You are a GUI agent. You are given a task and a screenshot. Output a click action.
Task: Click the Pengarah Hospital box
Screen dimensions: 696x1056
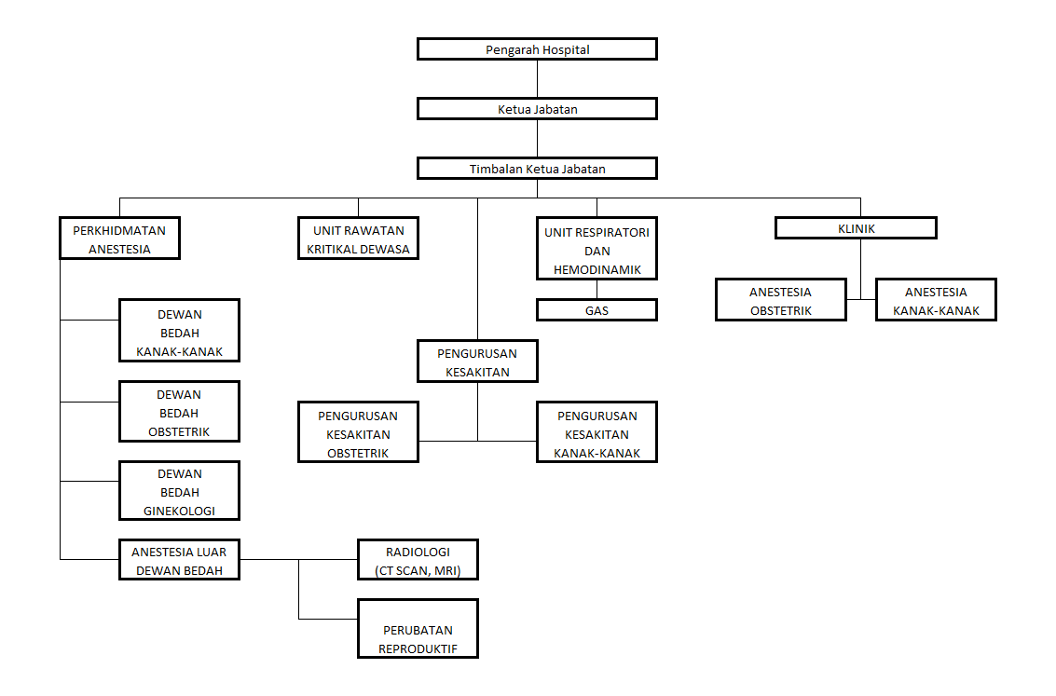pos(537,49)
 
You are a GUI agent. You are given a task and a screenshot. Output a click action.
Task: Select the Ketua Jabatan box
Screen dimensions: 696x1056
pos(537,109)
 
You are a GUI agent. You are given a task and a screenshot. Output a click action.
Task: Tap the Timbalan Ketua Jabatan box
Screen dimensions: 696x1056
pos(537,169)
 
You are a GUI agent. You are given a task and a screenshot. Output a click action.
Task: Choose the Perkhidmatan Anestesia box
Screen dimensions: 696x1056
pos(119,239)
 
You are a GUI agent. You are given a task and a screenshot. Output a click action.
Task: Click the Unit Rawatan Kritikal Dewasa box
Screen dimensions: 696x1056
pos(358,239)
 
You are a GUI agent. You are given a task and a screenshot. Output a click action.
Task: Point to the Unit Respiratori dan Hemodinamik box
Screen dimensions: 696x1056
pos(597,249)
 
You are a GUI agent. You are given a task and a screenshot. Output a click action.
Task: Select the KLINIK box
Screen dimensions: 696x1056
pos(856,228)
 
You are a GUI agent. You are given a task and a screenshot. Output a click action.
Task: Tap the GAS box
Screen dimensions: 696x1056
pos(597,310)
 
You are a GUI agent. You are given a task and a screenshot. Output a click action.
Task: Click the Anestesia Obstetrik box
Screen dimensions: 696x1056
pos(781,300)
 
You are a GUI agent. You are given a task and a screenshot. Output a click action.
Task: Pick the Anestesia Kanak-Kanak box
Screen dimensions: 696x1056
pos(936,300)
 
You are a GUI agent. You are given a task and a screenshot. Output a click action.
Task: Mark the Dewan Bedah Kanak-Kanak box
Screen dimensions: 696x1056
pos(180,331)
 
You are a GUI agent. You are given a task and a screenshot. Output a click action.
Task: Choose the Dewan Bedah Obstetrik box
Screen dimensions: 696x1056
pos(180,411)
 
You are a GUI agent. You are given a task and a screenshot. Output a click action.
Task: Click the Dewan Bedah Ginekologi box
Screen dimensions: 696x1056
pos(180,491)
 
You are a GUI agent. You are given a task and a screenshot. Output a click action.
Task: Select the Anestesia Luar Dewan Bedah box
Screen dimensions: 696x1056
pos(180,560)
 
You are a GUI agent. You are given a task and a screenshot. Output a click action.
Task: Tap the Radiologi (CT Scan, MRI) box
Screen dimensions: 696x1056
pos(418,560)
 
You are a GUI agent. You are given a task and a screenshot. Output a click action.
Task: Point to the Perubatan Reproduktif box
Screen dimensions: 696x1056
pos(418,630)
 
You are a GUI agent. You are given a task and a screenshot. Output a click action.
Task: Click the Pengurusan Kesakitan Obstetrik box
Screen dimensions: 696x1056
pos(359,432)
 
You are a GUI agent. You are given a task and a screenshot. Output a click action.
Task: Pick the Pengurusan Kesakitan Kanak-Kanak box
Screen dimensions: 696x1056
pos(597,432)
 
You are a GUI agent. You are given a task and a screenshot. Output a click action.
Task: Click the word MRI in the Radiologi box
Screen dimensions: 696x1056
pos(445,570)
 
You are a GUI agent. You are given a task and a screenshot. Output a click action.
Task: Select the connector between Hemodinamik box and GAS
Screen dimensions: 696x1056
pos(597,290)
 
